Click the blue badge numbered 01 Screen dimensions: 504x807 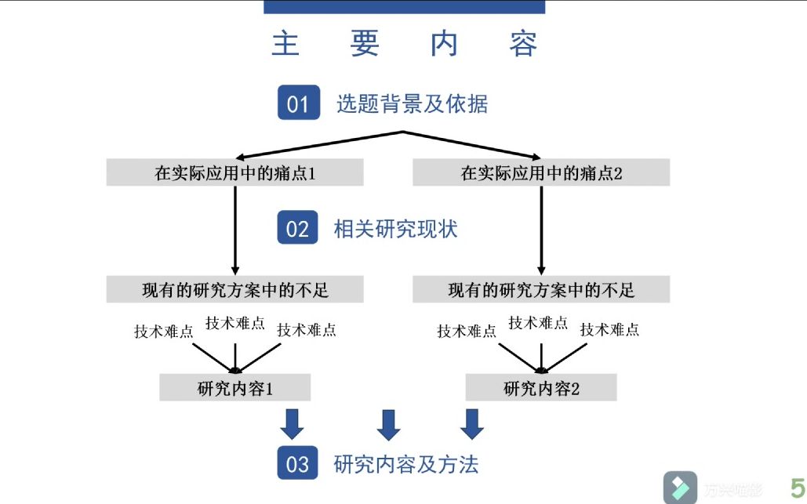click(298, 103)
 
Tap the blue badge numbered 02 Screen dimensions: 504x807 click(298, 228)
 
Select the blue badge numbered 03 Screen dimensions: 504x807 click(298, 463)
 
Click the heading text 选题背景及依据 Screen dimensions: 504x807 click(412, 103)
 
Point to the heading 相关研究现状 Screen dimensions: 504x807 click(395, 229)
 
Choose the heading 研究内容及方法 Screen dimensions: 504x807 click(406, 464)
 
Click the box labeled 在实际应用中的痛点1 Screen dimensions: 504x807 click(234, 172)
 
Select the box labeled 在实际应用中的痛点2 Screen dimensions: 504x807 click(541, 172)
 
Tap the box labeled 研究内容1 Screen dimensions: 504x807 click(235, 388)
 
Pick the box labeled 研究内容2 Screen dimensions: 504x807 click(541, 388)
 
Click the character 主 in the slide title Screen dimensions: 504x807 click(285, 44)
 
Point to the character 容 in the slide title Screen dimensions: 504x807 click(523, 44)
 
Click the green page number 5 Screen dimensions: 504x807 click(796, 488)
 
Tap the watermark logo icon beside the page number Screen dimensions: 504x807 click(680, 488)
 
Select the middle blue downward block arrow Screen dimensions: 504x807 click(389, 424)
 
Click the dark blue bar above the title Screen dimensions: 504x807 click(404, 6)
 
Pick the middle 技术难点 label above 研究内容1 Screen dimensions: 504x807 click(234, 322)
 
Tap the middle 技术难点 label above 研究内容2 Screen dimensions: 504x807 click(538, 322)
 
